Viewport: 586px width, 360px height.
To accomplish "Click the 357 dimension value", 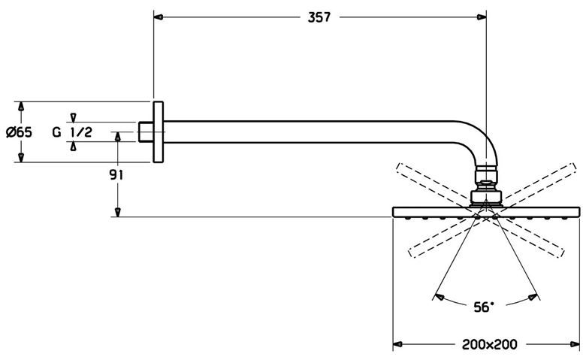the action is pos(319,17).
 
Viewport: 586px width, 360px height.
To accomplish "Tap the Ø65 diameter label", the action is pos(20,132).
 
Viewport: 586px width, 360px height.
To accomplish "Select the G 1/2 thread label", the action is pos(72,132).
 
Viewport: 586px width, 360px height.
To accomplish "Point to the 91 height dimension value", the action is pos(116,174).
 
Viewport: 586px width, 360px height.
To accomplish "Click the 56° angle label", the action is pos(484,307).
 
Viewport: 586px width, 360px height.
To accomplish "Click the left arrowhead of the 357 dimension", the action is pos(159,17).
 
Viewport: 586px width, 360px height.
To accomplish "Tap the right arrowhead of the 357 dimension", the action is pos(482,17).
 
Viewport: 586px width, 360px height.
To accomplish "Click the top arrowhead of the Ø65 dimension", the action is pos(21,106).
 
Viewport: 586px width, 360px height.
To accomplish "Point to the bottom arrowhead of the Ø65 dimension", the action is pos(21,157).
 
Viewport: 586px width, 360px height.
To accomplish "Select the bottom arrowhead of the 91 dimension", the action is pos(118,212).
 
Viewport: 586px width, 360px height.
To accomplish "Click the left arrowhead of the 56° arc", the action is pos(439,297).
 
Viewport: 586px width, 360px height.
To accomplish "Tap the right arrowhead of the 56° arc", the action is pos(532,297).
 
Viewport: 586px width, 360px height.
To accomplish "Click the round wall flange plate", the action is pos(158,132).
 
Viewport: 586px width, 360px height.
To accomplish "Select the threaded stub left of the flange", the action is pos(146,132).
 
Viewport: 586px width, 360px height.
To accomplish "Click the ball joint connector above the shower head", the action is pos(486,187).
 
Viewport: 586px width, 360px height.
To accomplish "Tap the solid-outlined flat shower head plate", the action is pos(486,212).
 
